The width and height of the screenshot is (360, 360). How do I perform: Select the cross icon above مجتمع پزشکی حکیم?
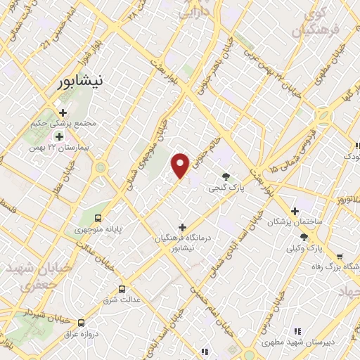coord(63,112)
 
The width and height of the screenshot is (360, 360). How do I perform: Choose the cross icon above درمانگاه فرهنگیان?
coord(183,227)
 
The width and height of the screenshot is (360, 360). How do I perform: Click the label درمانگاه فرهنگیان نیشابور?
coord(184,243)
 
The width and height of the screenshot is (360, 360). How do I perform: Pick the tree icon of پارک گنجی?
coord(226,176)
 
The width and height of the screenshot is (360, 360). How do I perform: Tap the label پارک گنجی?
coord(224,188)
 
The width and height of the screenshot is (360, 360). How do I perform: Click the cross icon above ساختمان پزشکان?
coord(295,210)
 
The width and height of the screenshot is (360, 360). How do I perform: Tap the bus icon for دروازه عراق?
coord(82,323)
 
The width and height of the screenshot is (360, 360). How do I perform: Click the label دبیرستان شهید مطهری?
coord(295,342)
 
